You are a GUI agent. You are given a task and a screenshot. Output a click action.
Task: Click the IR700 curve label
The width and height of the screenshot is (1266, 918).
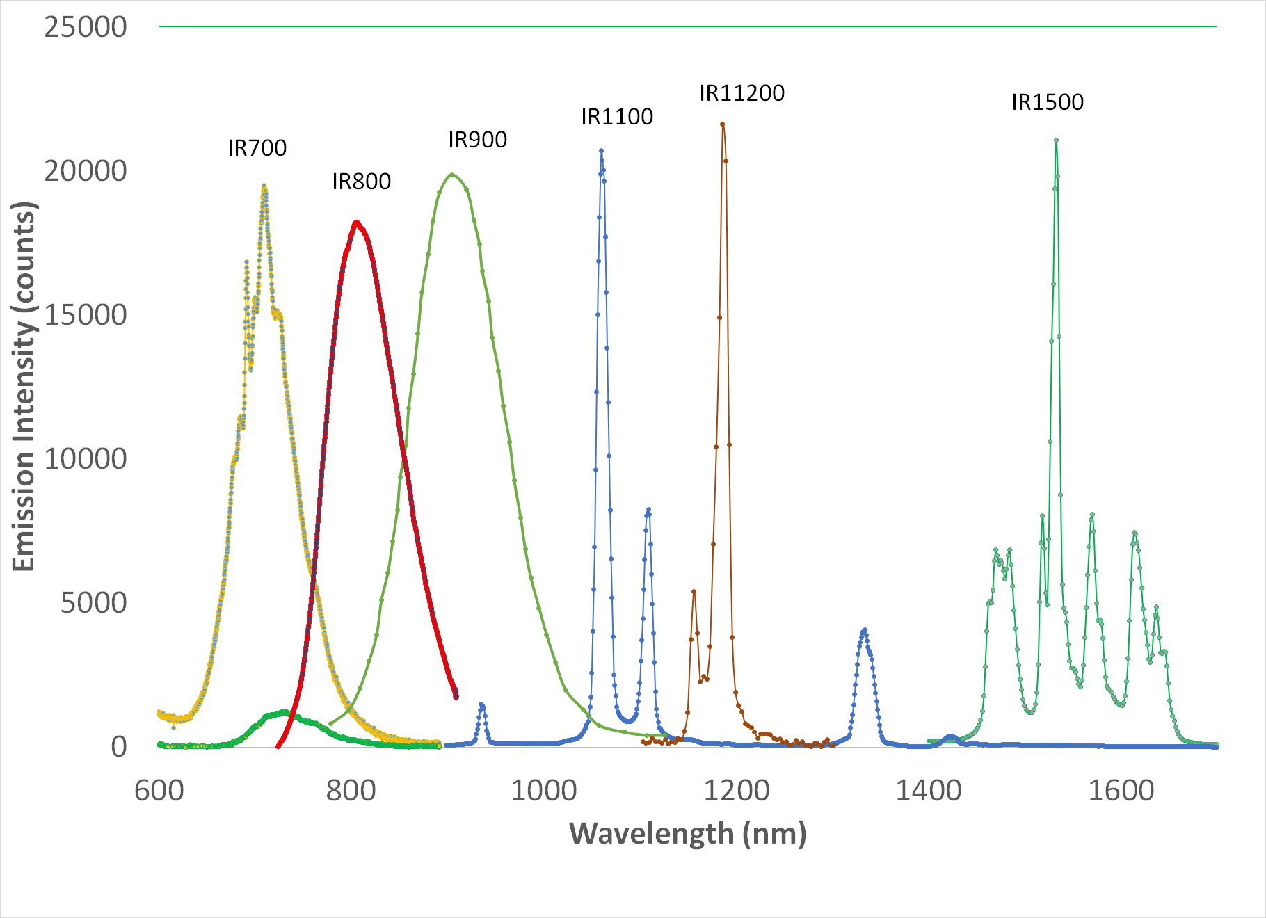(257, 148)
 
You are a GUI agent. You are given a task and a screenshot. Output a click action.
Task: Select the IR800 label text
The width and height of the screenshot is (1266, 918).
(361, 182)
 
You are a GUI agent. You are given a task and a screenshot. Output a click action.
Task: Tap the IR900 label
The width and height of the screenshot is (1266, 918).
(477, 140)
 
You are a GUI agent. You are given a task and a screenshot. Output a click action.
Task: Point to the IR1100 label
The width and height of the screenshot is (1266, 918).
(617, 117)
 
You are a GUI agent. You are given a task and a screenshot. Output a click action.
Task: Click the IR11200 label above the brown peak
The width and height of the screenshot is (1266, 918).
(742, 93)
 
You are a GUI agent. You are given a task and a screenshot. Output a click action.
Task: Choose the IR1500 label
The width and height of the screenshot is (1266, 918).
(1047, 102)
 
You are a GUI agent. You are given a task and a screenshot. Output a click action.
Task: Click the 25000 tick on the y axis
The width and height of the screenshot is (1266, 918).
(85, 28)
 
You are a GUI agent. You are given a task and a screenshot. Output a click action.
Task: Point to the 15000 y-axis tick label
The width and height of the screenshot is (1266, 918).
(85, 315)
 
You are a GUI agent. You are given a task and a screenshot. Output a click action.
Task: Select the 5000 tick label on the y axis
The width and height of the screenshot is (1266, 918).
(93, 603)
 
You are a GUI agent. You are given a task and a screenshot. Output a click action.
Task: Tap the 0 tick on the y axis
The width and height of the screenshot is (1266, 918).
(119, 747)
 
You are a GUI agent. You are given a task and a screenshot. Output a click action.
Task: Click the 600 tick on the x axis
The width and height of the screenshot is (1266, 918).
(159, 791)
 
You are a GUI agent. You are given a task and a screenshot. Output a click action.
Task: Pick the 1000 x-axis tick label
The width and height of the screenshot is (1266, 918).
(543, 791)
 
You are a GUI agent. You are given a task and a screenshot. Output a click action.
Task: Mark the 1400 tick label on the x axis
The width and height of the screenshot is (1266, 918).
(928, 791)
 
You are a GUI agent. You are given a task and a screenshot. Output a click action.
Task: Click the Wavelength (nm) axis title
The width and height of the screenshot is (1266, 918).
(687, 833)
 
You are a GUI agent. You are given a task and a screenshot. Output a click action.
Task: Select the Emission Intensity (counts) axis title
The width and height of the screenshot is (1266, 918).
(24, 386)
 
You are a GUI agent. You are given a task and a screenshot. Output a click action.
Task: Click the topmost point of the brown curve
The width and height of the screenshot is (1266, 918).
(722, 124)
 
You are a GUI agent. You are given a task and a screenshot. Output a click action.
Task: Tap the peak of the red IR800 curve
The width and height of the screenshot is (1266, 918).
(356, 223)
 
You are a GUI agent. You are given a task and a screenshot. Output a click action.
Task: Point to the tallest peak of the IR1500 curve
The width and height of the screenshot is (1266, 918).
(1056, 140)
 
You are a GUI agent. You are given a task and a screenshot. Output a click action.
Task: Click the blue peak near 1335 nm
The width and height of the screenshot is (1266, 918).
(864, 630)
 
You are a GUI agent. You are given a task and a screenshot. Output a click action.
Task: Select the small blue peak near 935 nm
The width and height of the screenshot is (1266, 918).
(481, 704)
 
